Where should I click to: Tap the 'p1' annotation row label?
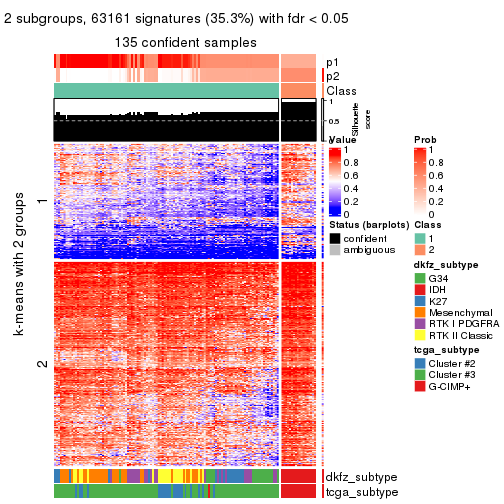[332, 61]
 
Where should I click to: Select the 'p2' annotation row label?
[332, 76]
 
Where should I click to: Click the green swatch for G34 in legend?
[420, 277]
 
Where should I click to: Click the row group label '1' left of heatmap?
[41, 203]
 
